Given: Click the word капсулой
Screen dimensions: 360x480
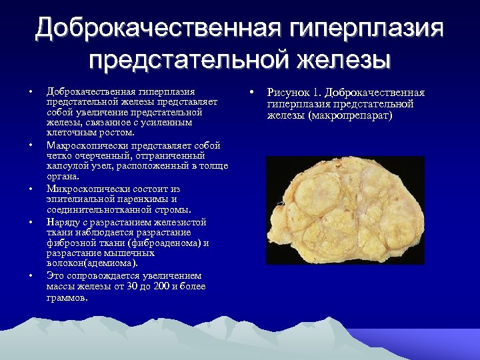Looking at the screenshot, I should (x=68, y=166).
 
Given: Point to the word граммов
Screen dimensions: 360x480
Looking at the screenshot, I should (x=67, y=297).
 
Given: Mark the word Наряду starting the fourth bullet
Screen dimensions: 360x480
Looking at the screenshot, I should (x=61, y=222).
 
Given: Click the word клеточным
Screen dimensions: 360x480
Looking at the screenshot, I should (x=69, y=133).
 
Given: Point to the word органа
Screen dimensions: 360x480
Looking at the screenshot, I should (x=63, y=177).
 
